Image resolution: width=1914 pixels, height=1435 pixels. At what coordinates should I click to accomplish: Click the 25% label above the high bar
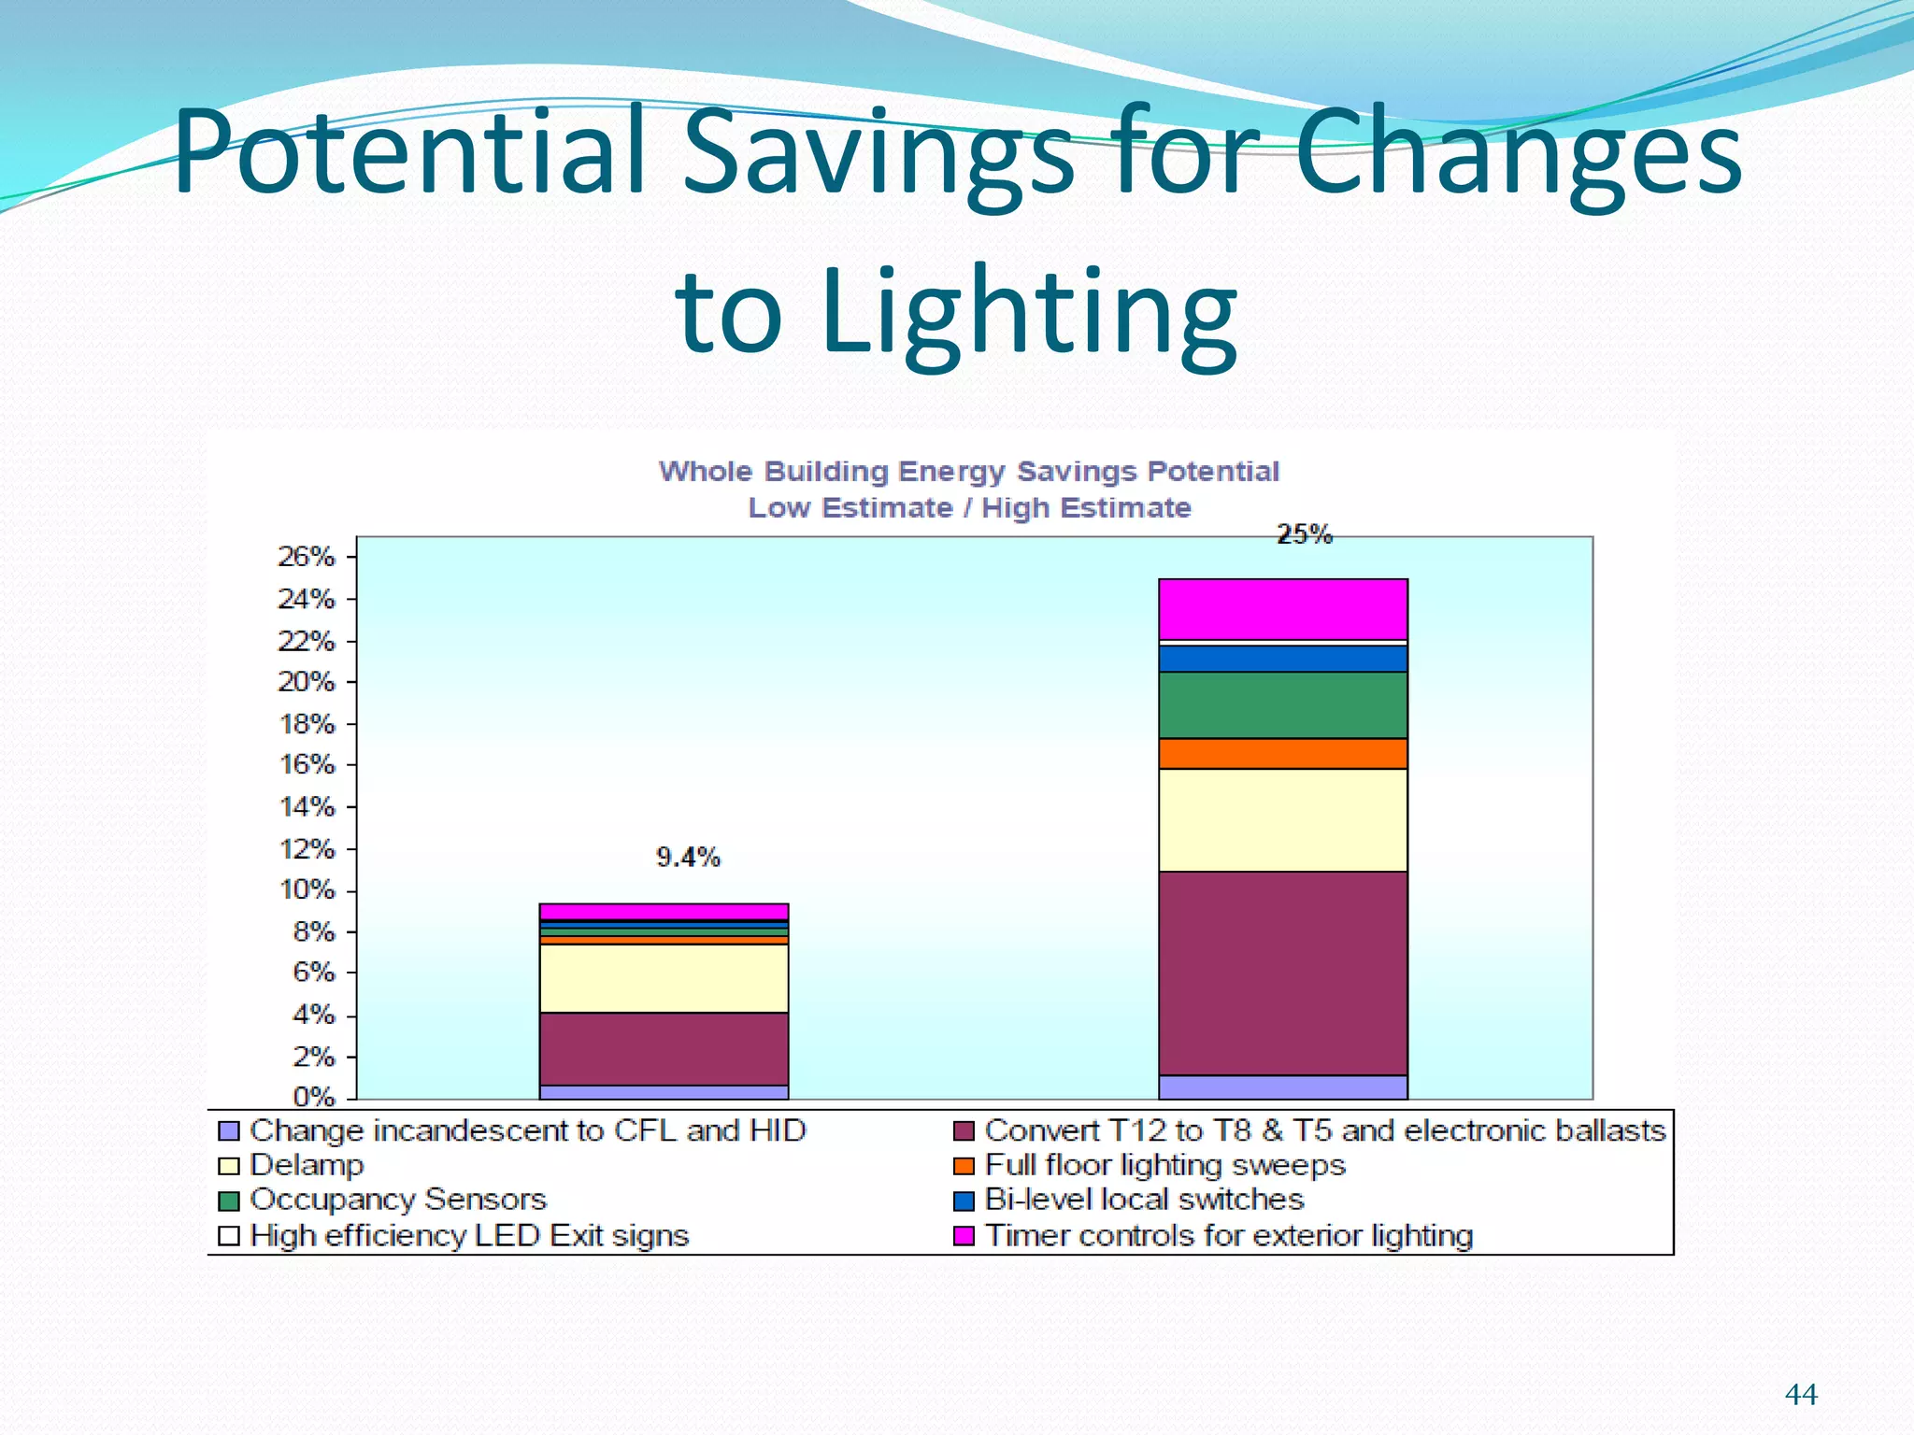[1304, 534]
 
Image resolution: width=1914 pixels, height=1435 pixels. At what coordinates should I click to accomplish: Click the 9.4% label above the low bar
[688, 857]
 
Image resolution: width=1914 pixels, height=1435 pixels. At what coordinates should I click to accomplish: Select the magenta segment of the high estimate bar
[1282, 609]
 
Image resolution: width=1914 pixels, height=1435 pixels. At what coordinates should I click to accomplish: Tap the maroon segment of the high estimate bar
[1282, 973]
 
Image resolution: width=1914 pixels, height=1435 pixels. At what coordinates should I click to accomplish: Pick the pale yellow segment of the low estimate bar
[664, 977]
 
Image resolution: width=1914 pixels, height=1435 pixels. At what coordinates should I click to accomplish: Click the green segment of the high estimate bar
[1282, 704]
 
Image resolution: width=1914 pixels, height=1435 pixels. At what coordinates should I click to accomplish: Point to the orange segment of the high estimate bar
[1282, 753]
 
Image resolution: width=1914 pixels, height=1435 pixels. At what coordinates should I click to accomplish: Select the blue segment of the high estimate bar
[1282, 659]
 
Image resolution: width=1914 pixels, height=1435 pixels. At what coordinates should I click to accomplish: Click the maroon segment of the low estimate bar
[664, 1048]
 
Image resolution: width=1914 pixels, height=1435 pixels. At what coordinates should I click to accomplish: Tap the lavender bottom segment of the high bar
[1282, 1087]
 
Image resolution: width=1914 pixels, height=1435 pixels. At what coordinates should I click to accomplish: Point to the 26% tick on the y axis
[306, 557]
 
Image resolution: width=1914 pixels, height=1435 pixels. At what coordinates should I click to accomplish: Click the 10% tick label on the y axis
[307, 889]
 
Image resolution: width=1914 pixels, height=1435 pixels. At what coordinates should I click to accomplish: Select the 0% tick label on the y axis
[313, 1097]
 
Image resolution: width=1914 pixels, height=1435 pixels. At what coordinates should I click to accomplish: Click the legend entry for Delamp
[307, 1165]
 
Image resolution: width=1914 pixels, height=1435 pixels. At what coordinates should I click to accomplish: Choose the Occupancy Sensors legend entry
[397, 1200]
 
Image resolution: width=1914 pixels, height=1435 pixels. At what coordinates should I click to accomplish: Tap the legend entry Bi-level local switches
[1143, 1200]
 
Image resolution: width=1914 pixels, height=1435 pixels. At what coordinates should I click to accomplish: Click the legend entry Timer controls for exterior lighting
[1228, 1236]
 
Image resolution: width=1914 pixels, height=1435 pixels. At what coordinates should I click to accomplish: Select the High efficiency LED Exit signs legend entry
[468, 1236]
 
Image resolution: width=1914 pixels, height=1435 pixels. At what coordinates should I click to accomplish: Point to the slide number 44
[1800, 1395]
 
